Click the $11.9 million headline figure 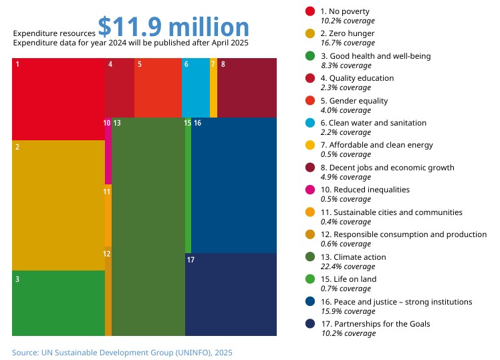pyautogui.click(x=174, y=27)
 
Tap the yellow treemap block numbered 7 pyautogui.click(x=213, y=87)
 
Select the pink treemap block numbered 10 pyautogui.click(x=108, y=151)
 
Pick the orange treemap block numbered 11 pyautogui.click(x=108, y=215)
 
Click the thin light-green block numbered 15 pyautogui.click(x=188, y=185)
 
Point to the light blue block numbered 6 pyautogui.click(x=196, y=87)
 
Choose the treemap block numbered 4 pyautogui.click(x=120, y=87)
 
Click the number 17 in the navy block pyautogui.click(x=191, y=260)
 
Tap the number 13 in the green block pyautogui.click(x=117, y=123)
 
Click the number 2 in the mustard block pyautogui.click(x=17, y=147)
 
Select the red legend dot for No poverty pyautogui.click(x=310, y=11)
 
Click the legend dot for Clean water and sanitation pyautogui.click(x=310, y=123)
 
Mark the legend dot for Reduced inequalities pyautogui.click(x=310, y=190)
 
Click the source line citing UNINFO pyautogui.click(x=122, y=353)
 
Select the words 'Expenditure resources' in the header pyautogui.click(x=54, y=33)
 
